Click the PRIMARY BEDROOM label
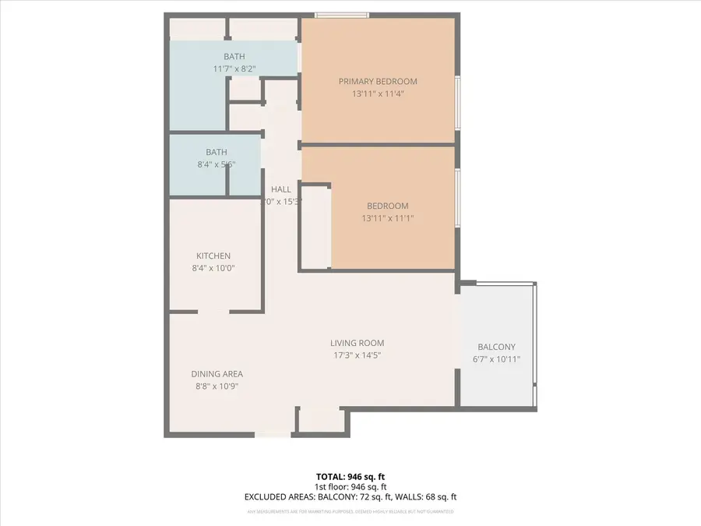[x=378, y=81]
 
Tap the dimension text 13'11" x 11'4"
[x=378, y=94]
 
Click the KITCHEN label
[x=213, y=256]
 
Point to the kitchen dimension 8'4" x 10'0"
[x=213, y=268]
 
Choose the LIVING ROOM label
[x=357, y=343]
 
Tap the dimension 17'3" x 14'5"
[x=357, y=355]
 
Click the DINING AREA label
[x=217, y=374]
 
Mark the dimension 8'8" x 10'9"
[x=217, y=386]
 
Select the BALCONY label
[x=496, y=348]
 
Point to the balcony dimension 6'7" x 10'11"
[x=496, y=359]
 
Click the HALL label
[x=280, y=189]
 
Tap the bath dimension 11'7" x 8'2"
[x=234, y=69]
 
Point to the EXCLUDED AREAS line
[x=350, y=496]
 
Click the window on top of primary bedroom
[x=342, y=14]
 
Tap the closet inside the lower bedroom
[x=315, y=226]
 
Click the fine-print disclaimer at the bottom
[x=350, y=512]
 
